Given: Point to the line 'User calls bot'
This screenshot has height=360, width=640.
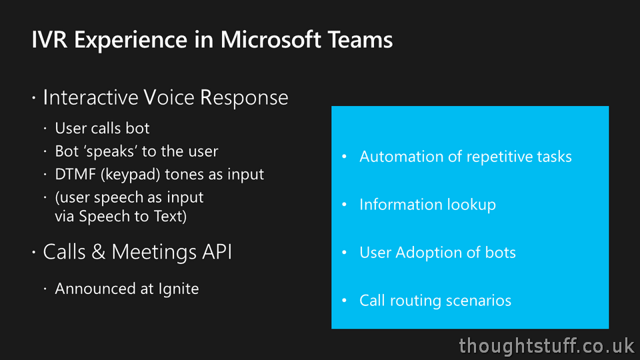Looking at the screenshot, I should (102, 128).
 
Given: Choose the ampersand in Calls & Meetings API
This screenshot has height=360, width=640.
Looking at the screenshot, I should (99, 252).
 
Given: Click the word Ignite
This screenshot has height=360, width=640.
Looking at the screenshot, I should (178, 289).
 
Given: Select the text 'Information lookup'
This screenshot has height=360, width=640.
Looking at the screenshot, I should (427, 205).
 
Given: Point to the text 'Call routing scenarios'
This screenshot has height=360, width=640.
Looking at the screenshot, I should (435, 301).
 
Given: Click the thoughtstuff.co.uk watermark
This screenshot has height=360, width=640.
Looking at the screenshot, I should (547, 345).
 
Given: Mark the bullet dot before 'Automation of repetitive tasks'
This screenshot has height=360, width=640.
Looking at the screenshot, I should (344, 157).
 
